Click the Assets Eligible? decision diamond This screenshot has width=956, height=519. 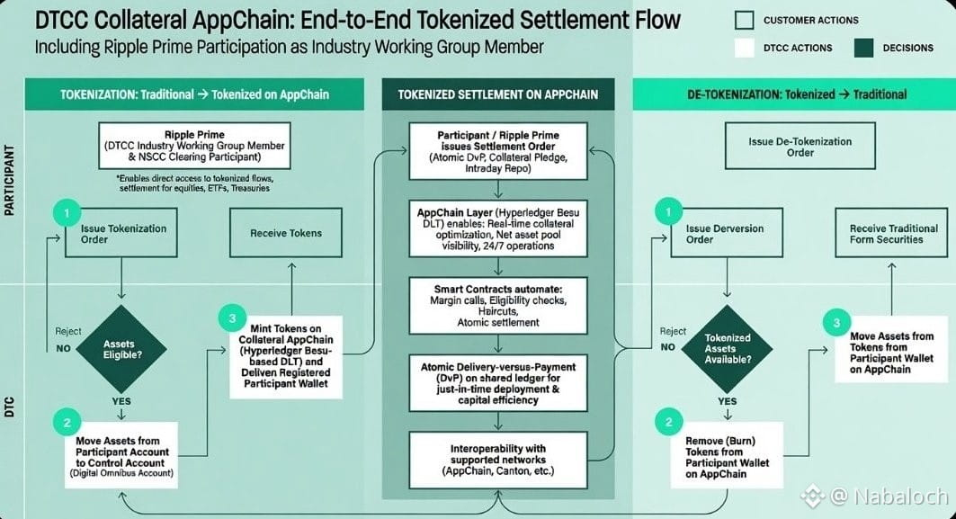121,349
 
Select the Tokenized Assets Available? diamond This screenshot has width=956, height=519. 727,348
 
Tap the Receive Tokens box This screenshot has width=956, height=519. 286,232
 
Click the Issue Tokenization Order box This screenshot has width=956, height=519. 121,232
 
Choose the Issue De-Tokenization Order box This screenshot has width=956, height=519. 800,146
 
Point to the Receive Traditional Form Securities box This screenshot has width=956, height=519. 891,232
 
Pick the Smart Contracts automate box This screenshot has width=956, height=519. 498,306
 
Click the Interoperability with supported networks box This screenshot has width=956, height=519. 498,460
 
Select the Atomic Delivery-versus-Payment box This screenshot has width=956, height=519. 498,383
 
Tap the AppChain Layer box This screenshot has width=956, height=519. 498,228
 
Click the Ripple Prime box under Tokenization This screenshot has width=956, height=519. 194,146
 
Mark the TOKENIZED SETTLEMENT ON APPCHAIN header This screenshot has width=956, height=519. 498,94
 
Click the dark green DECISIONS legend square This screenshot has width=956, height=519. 864,48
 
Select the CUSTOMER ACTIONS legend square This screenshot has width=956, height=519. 745,20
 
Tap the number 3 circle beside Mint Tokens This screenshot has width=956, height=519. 232,318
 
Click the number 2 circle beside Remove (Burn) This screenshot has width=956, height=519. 668,422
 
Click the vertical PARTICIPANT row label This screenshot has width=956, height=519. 9,180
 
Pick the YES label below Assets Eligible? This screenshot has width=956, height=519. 121,401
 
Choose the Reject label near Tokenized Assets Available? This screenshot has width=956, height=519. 673,331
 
